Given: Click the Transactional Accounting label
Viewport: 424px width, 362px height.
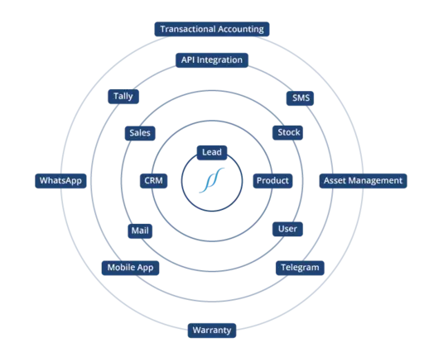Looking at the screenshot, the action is pyautogui.click(x=212, y=29).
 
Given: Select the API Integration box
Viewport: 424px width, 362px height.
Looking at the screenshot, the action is pyautogui.click(x=212, y=60).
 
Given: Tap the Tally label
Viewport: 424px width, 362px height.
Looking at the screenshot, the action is pyautogui.click(x=123, y=97).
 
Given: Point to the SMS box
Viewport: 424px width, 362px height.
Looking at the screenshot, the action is pyautogui.click(x=300, y=98).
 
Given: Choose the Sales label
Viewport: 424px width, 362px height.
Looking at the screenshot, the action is pyautogui.click(x=140, y=133).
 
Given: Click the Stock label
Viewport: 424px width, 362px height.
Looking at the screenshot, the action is pyautogui.click(x=287, y=132).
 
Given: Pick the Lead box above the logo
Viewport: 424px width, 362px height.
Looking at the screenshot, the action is pyautogui.click(x=212, y=153).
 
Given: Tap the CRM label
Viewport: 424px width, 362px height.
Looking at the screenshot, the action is pyautogui.click(x=153, y=181).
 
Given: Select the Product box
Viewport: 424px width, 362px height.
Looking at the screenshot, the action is pyautogui.click(x=272, y=181).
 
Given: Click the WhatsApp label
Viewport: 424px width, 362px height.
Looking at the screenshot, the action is pyautogui.click(x=60, y=181).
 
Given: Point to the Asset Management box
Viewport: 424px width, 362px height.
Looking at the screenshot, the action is pyautogui.click(x=363, y=181).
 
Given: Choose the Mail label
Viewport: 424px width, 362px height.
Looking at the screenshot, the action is pyautogui.click(x=140, y=231).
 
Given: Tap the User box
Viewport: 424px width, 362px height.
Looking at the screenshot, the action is pyautogui.click(x=287, y=229).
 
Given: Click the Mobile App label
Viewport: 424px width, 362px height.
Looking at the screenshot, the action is pyautogui.click(x=130, y=268).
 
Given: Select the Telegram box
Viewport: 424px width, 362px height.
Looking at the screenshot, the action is pyautogui.click(x=300, y=268).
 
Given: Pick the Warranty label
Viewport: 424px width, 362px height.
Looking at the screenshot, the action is pyautogui.click(x=212, y=331).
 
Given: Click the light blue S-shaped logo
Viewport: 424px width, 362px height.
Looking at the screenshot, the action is pyautogui.click(x=212, y=180).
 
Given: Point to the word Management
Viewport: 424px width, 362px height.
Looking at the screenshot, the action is pyautogui.click(x=377, y=181).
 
